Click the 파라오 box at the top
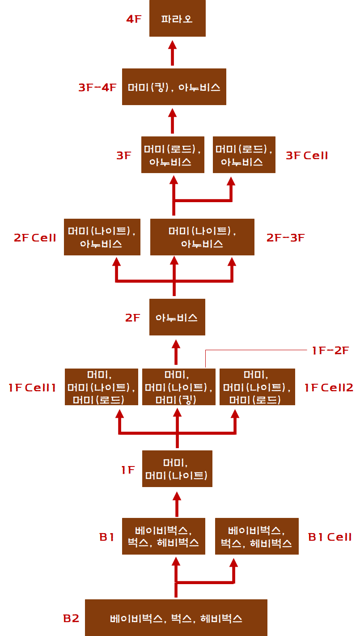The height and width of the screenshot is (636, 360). pos(177,18)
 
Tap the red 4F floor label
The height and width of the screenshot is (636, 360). pos(134,19)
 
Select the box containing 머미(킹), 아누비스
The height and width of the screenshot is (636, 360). pos(174,87)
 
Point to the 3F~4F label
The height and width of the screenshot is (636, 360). pos(97,88)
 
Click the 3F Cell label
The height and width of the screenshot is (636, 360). pos(307,156)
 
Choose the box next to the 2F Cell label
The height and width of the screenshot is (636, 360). pos(102,237)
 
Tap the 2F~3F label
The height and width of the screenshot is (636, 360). pos(285,237)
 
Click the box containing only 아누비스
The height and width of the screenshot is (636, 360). pos(177,317)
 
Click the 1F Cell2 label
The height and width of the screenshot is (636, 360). pos(329,387)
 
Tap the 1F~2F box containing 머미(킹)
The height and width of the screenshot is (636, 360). pos(178,387)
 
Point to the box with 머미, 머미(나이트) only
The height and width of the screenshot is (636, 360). pos(177,469)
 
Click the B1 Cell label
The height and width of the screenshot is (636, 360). pos(330,537)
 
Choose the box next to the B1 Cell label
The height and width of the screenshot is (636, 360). pos(257,536)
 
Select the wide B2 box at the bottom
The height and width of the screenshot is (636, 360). pos(176,618)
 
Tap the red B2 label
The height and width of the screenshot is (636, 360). pos(71,619)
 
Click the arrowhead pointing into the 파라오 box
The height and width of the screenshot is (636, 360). pos(173,45)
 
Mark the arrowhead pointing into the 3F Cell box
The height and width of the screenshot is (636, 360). pos(231,181)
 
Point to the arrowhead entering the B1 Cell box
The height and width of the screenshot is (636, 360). pos(233,563)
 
